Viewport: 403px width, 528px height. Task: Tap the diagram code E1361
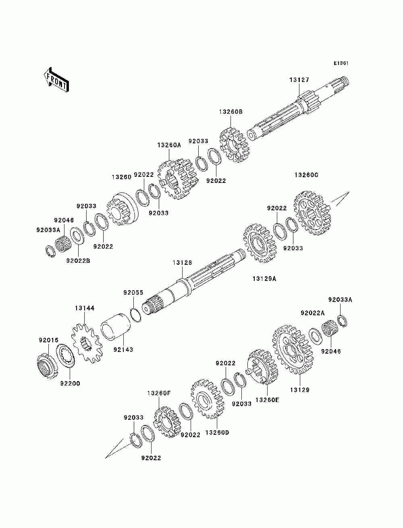pyautogui.click(x=341, y=63)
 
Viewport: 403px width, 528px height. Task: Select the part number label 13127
pyautogui.click(x=299, y=80)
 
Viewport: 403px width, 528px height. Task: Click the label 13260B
pyautogui.click(x=231, y=112)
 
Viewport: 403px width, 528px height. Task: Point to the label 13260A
pyautogui.click(x=169, y=145)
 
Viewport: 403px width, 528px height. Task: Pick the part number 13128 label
pyautogui.click(x=183, y=262)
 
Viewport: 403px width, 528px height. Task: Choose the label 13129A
pyautogui.click(x=264, y=279)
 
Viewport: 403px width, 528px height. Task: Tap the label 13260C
pyautogui.click(x=306, y=175)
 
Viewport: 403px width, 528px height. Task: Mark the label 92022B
pyautogui.click(x=78, y=261)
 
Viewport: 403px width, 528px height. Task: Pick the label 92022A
pyautogui.click(x=312, y=313)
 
